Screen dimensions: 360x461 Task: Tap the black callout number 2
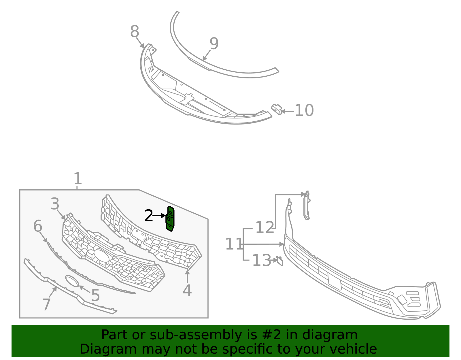(x=148, y=216)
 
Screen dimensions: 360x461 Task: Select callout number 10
(x=304, y=111)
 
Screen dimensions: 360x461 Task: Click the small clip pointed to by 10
(x=277, y=109)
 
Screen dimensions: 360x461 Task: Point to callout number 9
(x=214, y=44)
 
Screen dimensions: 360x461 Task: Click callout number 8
(x=135, y=32)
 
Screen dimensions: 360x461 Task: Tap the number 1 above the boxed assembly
(x=78, y=179)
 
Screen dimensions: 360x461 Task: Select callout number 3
(x=55, y=204)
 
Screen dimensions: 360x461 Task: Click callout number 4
(x=187, y=291)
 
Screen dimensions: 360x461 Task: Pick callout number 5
(x=95, y=296)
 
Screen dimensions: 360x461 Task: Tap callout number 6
(x=38, y=226)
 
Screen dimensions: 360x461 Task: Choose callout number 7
(x=46, y=304)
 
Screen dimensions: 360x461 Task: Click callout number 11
(x=234, y=244)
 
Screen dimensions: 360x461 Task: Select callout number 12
(x=264, y=228)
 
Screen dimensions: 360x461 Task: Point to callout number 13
(x=262, y=261)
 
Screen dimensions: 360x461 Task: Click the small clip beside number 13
(x=279, y=261)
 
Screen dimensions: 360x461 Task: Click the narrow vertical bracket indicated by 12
(x=307, y=206)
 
